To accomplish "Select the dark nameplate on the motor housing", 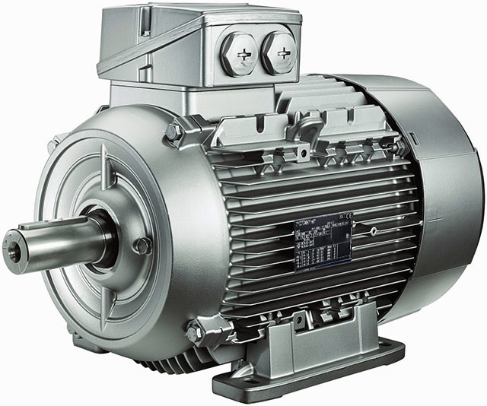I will click(323, 242).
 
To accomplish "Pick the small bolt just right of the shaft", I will click(142, 246).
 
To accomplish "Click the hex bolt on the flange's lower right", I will click(194, 332).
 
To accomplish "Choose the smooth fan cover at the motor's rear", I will click(449, 190).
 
